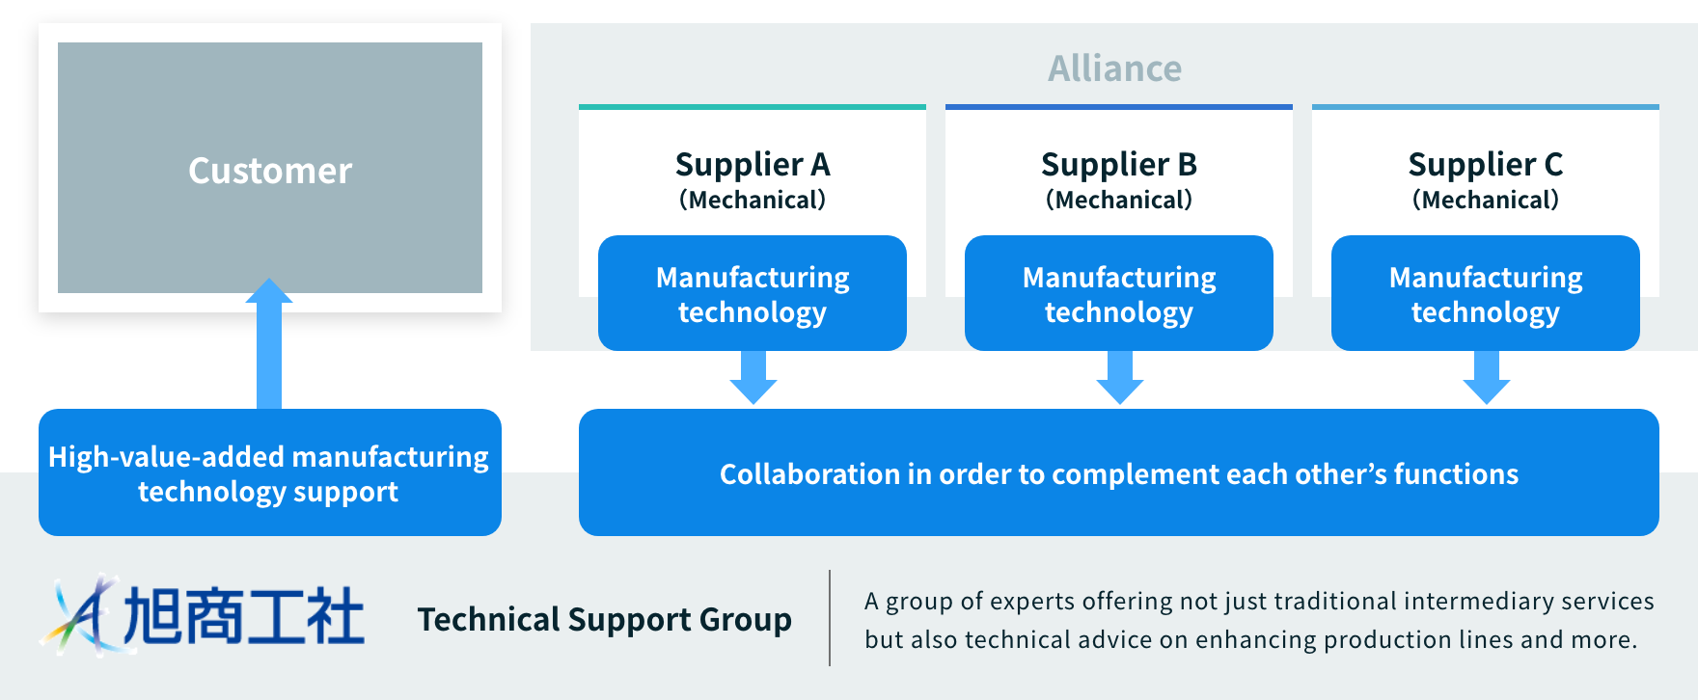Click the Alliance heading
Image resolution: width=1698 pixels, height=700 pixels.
pos(1114,68)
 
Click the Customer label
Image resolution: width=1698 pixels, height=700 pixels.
pos(270,171)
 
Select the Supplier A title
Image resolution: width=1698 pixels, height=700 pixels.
pos(753,165)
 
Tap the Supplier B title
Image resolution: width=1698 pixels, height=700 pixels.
pos(1119,165)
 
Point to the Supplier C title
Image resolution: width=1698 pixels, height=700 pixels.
pos(1486,165)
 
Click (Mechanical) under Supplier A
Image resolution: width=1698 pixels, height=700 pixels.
pos(753,200)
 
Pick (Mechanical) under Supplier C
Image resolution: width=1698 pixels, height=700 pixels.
pos(1486,200)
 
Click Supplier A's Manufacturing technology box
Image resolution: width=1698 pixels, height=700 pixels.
pos(753,293)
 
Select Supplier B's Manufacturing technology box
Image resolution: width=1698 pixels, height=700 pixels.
pos(1119,293)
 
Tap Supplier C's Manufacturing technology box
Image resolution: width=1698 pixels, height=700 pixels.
pos(1486,293)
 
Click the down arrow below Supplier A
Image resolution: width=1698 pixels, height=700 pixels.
pos(753,378)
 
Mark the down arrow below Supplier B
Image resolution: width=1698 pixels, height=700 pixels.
pos(1120,378)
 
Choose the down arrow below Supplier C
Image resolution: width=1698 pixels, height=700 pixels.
pos(1487,378)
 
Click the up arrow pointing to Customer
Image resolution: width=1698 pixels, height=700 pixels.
pos(269,342)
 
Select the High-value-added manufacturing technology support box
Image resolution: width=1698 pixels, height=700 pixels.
pos(269,472)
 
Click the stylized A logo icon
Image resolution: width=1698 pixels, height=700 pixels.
pos(82,615)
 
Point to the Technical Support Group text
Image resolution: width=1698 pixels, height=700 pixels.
pos(604,619)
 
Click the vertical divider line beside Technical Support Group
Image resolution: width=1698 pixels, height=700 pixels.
pos(830,618)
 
